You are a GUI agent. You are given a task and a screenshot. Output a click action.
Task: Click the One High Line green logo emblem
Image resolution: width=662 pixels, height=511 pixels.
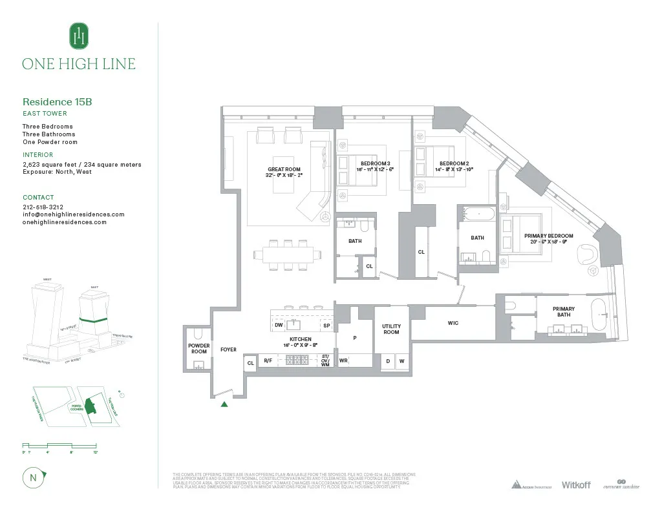79,36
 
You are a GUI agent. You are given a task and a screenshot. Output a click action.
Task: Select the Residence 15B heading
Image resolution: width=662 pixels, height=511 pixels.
61,101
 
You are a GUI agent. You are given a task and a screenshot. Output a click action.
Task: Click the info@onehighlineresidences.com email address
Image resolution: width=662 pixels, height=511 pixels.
73,214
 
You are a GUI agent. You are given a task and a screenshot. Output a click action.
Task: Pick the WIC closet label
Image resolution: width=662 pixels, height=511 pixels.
453,323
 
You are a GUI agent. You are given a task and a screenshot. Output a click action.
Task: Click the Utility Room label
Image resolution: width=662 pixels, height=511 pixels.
391,329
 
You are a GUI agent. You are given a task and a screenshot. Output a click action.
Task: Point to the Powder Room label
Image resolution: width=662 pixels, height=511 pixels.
199,349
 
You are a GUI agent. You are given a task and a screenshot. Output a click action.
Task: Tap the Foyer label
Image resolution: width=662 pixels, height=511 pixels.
228,349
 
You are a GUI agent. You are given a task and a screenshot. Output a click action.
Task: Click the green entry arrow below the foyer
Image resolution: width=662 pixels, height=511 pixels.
224,404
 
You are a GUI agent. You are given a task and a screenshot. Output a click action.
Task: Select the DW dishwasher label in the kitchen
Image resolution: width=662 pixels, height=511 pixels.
279,326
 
